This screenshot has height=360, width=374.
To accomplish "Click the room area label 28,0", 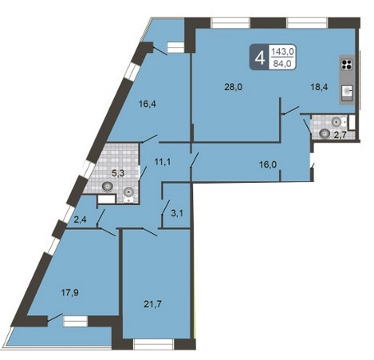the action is pyautogui.click(x=234, y=87).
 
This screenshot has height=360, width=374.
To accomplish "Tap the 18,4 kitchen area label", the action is pyautogui.click(x=319, y=87).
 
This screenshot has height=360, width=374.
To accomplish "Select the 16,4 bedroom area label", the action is pyautogui.click(x=148, y=104).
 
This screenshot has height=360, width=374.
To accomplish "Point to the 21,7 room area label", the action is pyautogui.click(x=152, y=304).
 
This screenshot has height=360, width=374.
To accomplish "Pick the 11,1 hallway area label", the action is pyautogui.click(x=163, y=161).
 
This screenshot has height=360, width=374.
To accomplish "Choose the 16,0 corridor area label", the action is pyautogui.click(x=268, y=164).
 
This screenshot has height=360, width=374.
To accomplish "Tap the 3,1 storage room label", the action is pyautogui.click(x=177, y=213).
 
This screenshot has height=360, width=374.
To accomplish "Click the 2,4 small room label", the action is pyautogui.click(x=80, y=220).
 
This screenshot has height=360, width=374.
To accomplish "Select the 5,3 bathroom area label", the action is pyautogui.click(x=118, y=173).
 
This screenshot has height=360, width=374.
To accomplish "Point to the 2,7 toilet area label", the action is pyautogui.click(x=340, y=135).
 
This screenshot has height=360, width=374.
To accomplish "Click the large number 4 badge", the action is pyautogui.click(x=260, y=57).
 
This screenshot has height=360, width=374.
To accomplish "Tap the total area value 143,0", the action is pyautogui.click(x=282, y=51).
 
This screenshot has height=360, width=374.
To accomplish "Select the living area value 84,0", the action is pyautogui.click(x=282, y=63).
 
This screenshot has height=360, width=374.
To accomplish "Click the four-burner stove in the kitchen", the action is pyautogui.click(x=347, y=64).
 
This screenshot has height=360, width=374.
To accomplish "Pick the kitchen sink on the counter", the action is pyautogui.click(x=347, y=93).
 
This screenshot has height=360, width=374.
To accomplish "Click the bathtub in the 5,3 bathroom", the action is pyautogui.click(x=106, y=199).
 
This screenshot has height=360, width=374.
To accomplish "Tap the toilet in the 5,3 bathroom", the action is pyautogui.click(x=129, y=194).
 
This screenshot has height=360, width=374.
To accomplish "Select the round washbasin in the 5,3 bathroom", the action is pyautogui.click(x=107, y=186).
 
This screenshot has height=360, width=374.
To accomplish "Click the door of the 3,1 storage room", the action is pyautogui.click(x=166, y=207).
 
